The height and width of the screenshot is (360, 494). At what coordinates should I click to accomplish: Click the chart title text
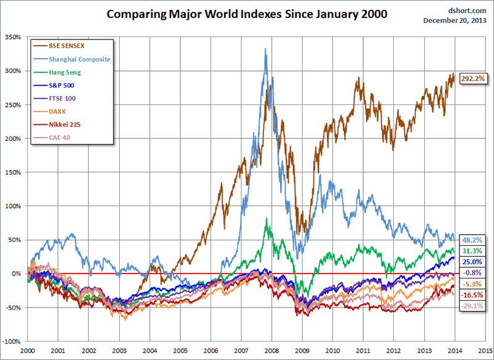tap(247, 14)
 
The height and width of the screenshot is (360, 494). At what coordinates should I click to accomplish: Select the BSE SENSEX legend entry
tap(66, 46)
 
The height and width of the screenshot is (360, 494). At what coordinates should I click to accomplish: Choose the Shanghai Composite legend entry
tap(79, 59)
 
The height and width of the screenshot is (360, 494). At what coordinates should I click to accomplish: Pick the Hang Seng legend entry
tap(65, 72)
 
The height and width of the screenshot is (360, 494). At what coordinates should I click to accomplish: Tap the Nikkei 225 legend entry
tap(65, 124)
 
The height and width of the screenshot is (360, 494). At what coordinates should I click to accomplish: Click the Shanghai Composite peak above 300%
tap(265, 49)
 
